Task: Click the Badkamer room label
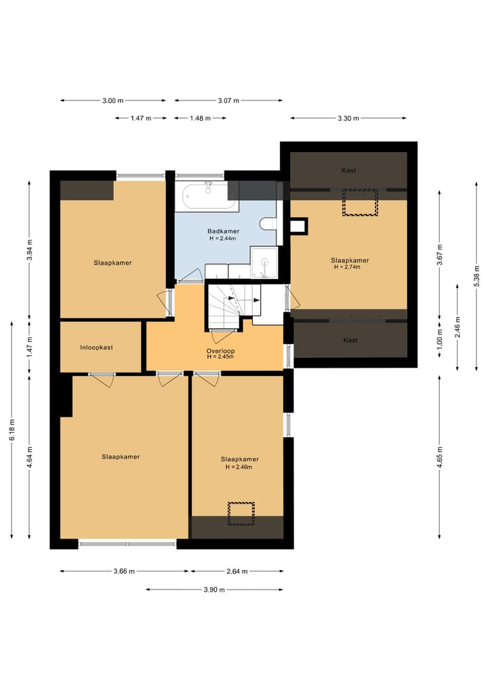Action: pos(224,231)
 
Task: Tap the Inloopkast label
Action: pos(96,347)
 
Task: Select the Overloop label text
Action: pos(220,351)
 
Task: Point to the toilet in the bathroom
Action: pos(268,224)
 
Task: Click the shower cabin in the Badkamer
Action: pos(264,263)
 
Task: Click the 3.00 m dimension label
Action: pos(113,100)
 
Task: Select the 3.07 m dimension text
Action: pos(228,100)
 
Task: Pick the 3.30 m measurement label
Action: pos(348,118)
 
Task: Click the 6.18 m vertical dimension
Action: pos(12,429)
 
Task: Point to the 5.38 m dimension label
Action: pos(476,275)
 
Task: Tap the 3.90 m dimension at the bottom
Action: pos(214,590)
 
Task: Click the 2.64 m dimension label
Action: pos(237,571)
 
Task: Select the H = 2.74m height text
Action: pos(347,267)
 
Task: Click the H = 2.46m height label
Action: pos(239,467)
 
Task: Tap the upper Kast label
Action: pos(348,170)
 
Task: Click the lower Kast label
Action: pos(350,340)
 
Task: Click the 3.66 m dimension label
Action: pos(124,571)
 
